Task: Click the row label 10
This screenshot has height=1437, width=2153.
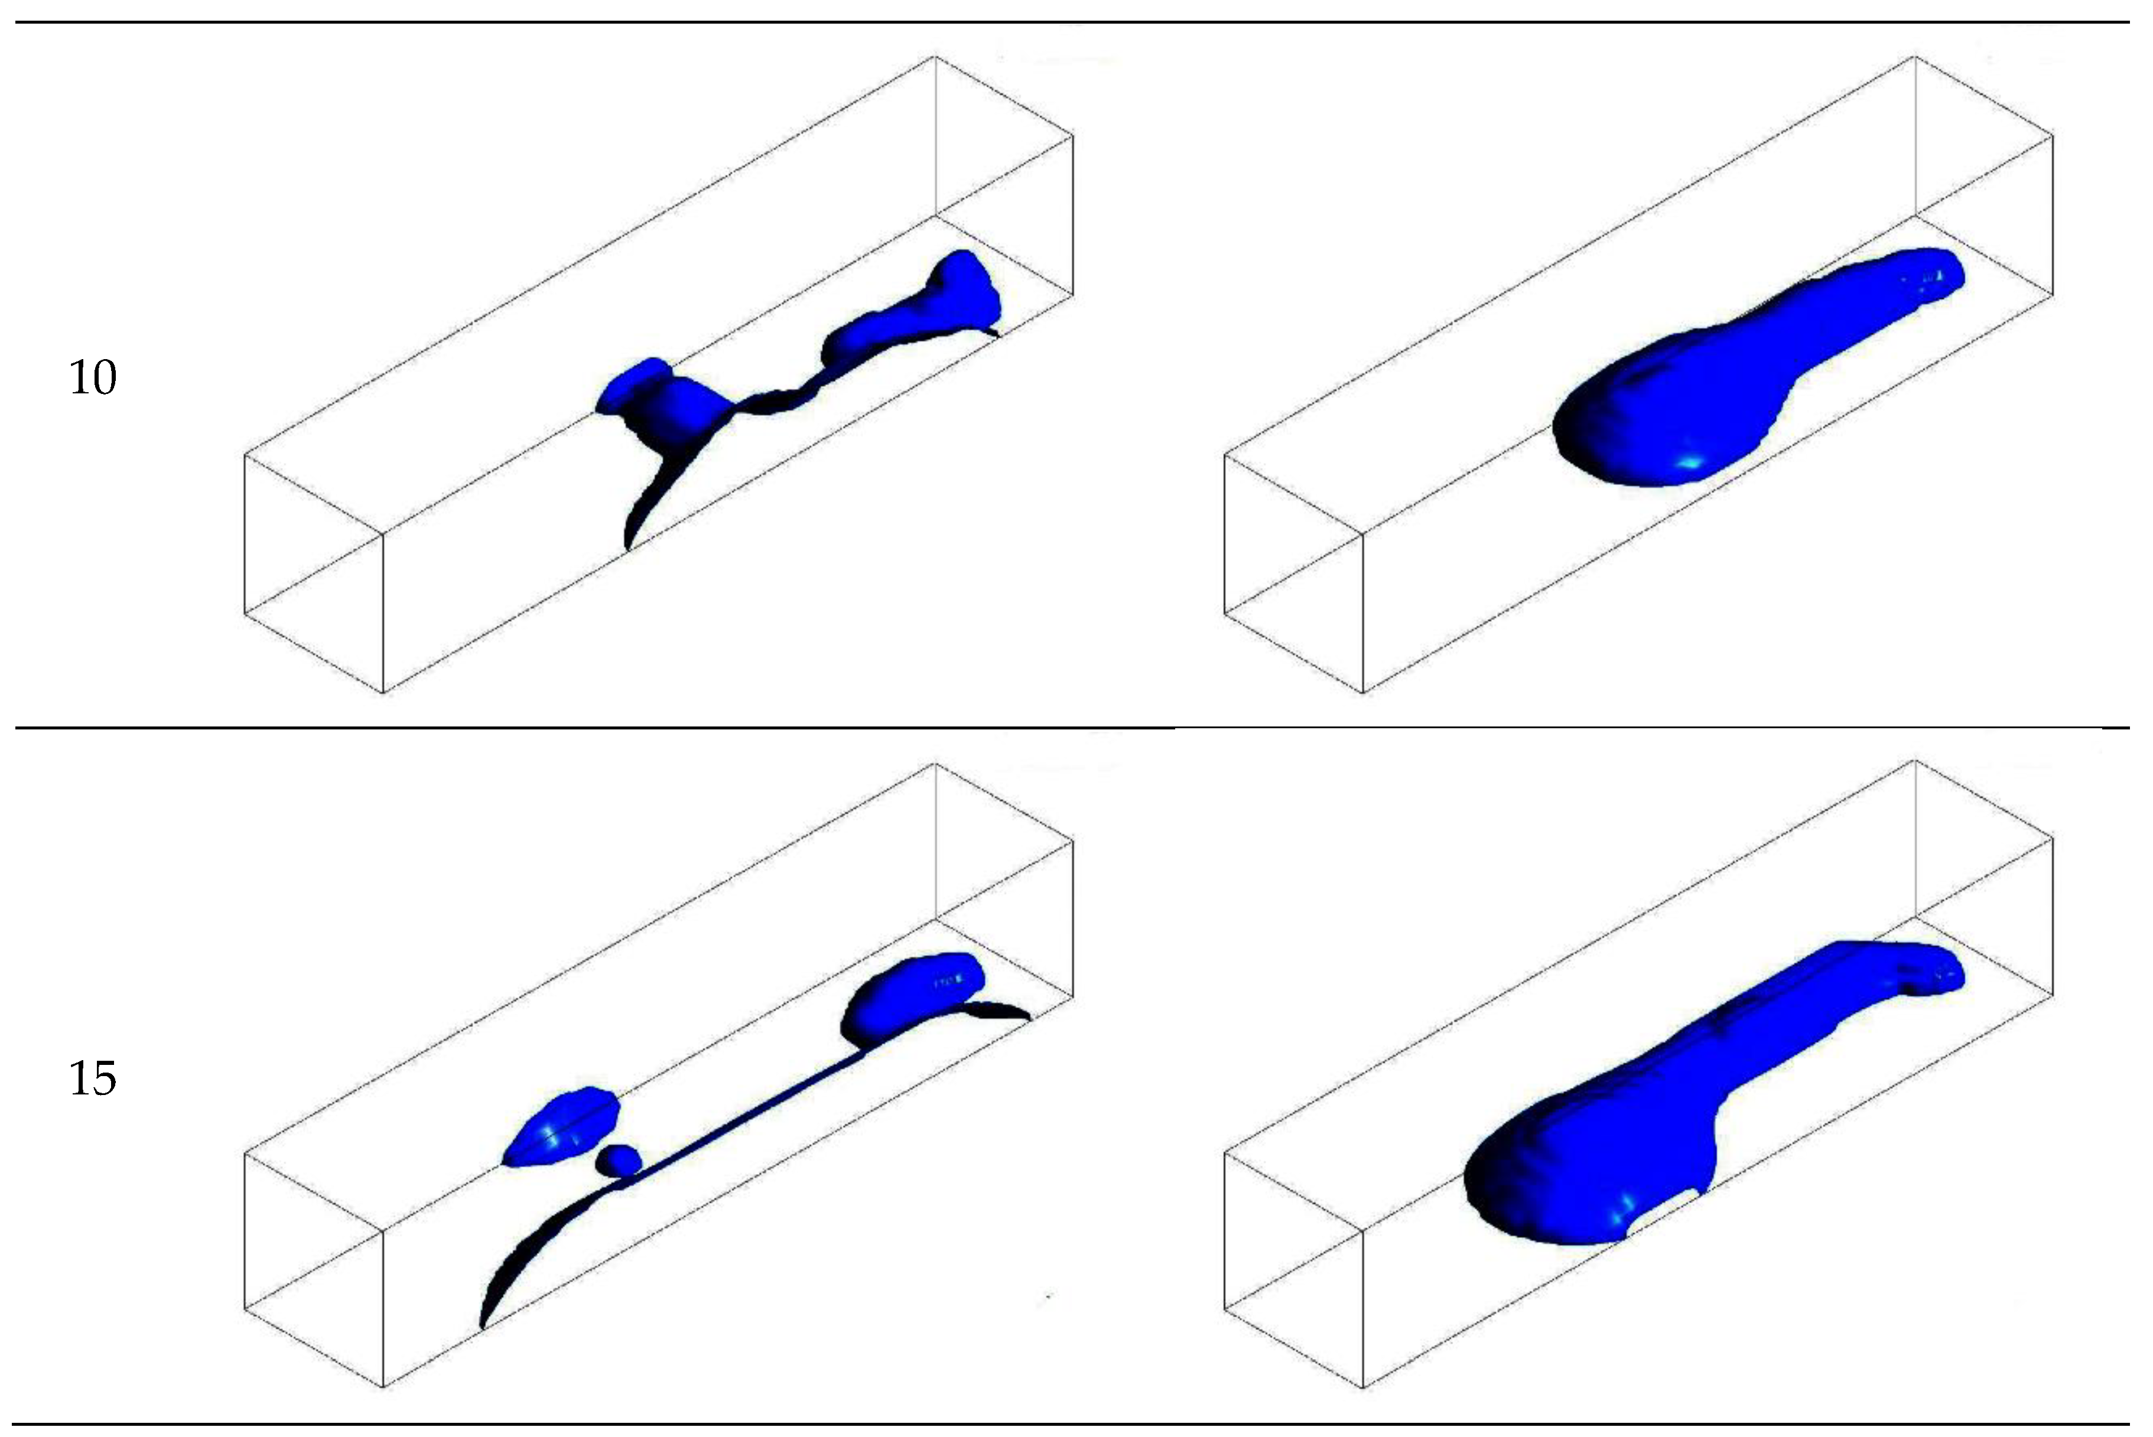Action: [93, 377]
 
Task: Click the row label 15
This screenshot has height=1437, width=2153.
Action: [93, 1078]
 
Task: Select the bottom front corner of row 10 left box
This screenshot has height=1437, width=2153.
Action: [383, 693]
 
